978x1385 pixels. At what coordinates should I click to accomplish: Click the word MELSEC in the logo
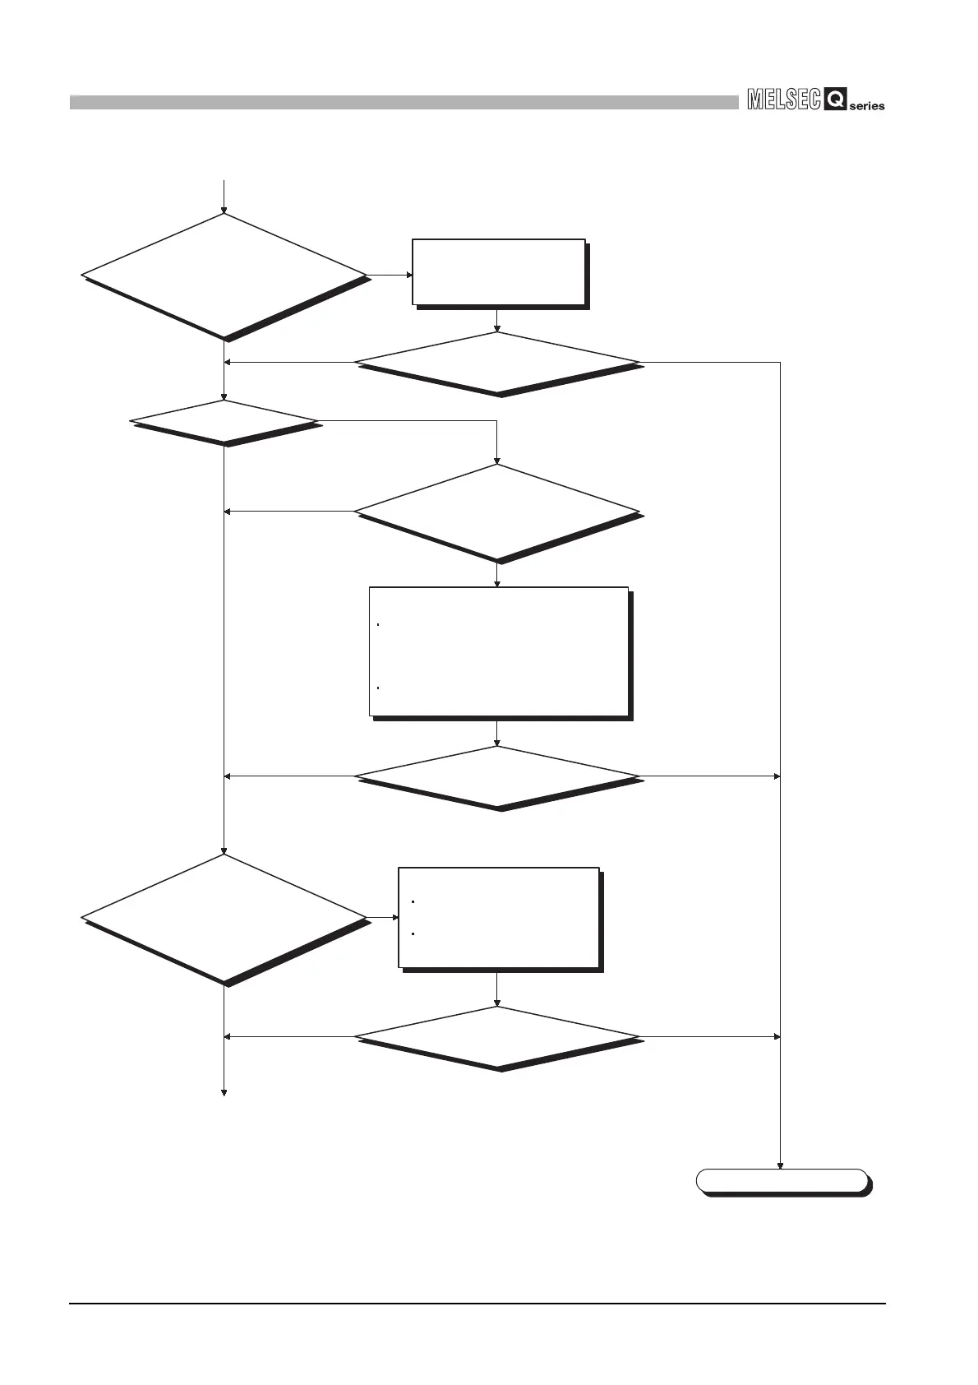click(x=784, y=100)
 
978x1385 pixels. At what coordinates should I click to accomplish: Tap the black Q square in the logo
click(x=835, y=100)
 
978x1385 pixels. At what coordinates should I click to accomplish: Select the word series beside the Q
click(x=867, y=106)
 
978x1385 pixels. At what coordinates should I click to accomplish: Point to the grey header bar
click(x=404, y=102)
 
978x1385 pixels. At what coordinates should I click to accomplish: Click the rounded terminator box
click(x=782, y=1180)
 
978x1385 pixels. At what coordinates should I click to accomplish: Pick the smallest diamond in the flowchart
click(x=224, y=421)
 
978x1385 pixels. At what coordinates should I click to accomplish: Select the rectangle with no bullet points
click(x=498, y=272)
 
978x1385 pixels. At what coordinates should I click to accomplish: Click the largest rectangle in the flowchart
click(x=498, y=651)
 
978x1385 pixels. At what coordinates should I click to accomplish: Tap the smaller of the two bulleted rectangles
click(x=498, y=917)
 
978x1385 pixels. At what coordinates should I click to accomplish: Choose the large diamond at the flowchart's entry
click(x=224, y=275)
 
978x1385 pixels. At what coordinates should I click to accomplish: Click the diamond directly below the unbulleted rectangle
click(x=497, y=363)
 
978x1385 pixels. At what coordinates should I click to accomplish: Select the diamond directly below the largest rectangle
click(x=497, y=776)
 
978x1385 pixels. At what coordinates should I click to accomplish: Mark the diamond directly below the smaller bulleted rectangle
click(x=497, y=1036)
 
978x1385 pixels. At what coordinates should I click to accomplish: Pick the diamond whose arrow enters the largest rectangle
click(x=497, y=512)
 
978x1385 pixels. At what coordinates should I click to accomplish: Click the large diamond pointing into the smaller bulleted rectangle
click(x=224, y=917)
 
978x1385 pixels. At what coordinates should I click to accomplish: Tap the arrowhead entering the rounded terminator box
click(x=780, y=1165)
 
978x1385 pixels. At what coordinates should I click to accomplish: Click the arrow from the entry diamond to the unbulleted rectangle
click(x=390, y=275)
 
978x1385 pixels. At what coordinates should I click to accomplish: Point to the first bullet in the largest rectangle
click(x=377, y=624)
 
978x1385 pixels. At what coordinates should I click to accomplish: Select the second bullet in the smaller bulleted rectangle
click(x=412, y=934)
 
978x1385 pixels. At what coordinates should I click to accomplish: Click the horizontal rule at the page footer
click(x=477, y=1303)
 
